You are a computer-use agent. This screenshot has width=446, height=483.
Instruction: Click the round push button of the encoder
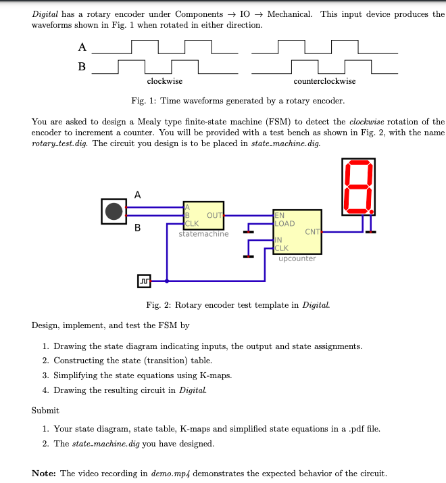(114, 211)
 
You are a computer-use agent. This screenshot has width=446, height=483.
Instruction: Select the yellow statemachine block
(203, 215)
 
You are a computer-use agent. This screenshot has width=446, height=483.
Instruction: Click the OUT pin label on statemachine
(214, 215)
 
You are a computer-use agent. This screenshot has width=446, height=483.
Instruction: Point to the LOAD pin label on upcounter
(284, 223)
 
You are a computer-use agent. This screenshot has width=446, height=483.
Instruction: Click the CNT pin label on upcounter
(312, 232)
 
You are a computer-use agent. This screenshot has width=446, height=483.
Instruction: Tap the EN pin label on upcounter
(280, 216)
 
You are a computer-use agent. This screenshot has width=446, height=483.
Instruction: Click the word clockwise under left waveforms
(164, 81)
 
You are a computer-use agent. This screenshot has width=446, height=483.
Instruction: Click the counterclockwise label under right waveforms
(324, 81)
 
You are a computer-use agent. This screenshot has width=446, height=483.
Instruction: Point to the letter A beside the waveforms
(82, 47)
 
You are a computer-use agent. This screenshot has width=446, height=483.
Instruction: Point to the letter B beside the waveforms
(82, 66)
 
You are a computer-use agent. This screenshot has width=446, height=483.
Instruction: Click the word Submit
(45, 410)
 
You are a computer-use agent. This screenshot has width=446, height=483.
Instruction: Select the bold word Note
(43, 473)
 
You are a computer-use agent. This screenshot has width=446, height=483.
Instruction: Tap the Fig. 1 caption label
(143, 101)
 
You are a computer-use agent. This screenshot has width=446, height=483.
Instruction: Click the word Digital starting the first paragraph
(45, 14)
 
